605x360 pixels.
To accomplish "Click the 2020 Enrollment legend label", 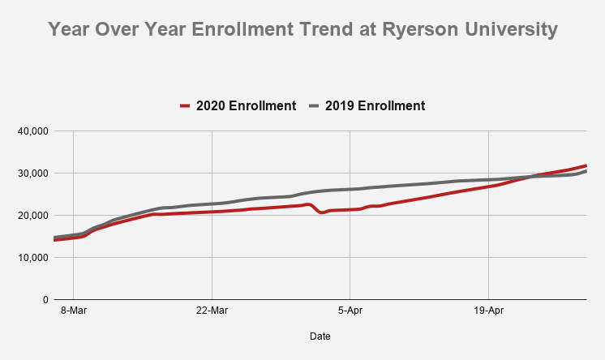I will point(246,105).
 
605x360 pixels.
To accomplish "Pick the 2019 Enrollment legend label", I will point(375,105).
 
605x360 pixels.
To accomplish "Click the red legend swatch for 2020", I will point(184,105).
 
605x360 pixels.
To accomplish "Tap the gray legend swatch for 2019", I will point(313,105).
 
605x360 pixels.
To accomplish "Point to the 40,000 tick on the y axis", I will point(32,131).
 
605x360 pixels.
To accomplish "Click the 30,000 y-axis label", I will point(32,174).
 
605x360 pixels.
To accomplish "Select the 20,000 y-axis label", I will point(32,216).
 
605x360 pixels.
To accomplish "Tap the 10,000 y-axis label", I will point(32,258).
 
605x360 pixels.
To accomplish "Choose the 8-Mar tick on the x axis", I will point(73,310).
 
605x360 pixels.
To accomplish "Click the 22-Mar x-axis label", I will point(212,310).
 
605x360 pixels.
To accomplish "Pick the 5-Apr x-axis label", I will point(350,310).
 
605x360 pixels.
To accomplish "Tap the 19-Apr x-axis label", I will point(488,310).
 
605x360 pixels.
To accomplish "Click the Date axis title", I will point(320,336).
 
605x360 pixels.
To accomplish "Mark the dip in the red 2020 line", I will point(322,212).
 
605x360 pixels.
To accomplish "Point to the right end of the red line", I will point(586,165).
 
